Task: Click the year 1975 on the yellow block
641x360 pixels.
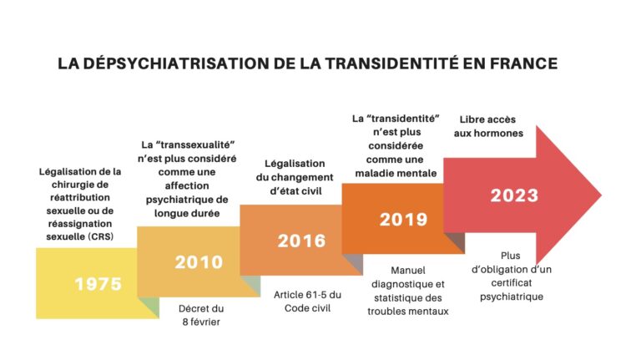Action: (98, 283)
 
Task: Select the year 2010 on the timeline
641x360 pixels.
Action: (199, 262)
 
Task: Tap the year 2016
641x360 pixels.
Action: (301, 241)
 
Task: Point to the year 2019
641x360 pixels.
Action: (403, 220)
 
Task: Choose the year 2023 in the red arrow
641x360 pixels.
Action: (514, 195)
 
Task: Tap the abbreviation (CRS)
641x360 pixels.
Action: (100, 236)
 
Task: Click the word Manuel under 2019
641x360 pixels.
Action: (407, 271)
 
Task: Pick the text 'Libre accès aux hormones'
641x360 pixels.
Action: (490, 126)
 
